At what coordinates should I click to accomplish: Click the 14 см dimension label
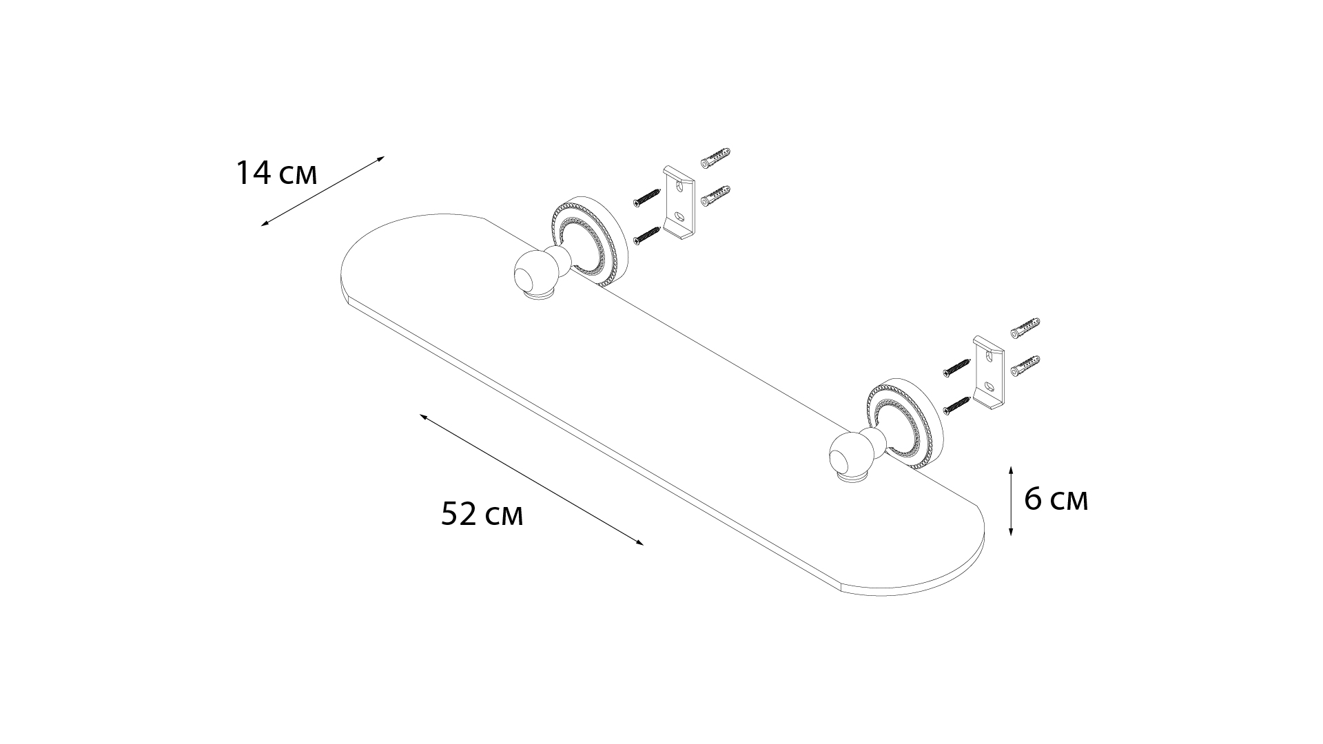pyautogui.click(x=276, y=173)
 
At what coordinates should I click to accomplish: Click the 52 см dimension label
pyautogui.click(x=482, y=514)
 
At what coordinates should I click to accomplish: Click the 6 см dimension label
pyautogui.click(x=1055, y=499)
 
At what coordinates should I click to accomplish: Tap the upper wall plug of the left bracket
pyautogui.click(x=715, y=158)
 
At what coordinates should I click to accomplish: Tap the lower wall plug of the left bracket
pyautogui.click(x=715, y=196)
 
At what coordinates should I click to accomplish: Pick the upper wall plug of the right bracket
pyautogui.click(x=1025, y=327)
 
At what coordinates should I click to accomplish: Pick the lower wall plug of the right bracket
pyautogui.click(x=1025, y=366)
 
